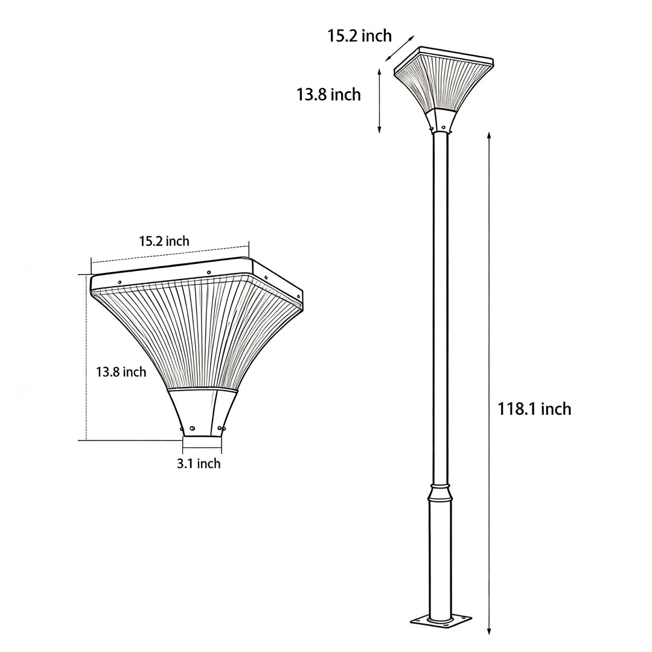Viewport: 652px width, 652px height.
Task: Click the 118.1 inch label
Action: [534, 409]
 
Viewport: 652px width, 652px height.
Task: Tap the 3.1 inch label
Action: [199, 464]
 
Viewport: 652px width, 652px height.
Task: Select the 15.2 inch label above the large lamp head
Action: [164, 241]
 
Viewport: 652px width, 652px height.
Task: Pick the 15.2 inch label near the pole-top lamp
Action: [359, 36]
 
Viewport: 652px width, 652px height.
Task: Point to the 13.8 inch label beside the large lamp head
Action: [121, 372]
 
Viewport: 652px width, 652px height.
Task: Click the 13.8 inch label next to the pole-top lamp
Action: [328, 95]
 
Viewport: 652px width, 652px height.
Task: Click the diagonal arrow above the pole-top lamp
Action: [400, 48]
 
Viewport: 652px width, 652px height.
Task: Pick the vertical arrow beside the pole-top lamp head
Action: [379, 100]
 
